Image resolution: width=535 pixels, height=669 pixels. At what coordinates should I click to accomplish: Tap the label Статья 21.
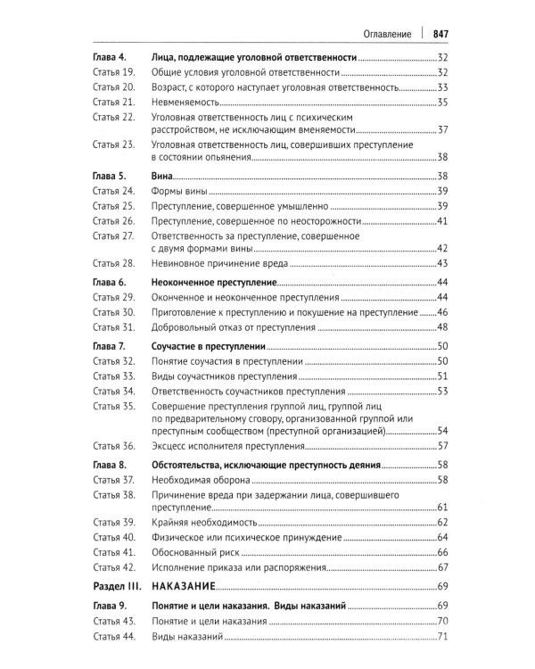point(113,103)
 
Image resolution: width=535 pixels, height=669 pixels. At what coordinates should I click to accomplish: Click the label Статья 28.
point(113,263)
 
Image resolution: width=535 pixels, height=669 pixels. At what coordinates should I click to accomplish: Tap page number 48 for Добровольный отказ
point(440,327)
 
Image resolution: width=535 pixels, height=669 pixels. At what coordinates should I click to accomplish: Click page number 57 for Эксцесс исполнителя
point(440,446)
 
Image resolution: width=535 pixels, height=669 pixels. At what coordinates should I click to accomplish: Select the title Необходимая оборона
point(199,480)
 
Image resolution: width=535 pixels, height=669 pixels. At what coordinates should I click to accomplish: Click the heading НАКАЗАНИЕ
point(185,586)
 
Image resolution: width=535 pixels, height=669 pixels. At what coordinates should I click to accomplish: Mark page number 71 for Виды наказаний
point(440,635)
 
